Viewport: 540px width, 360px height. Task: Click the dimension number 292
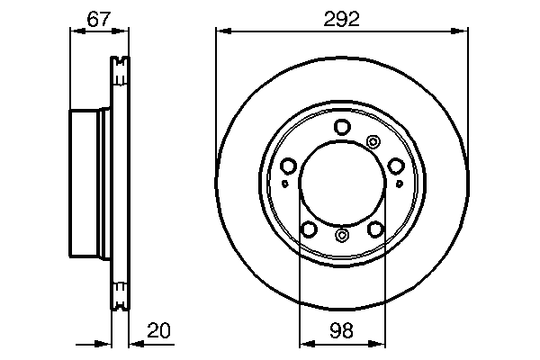point(341,18)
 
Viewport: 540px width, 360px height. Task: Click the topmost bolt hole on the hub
point(341,128)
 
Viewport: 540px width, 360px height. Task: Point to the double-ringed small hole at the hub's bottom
point(341,236)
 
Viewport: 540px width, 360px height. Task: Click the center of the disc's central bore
point(341,184)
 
